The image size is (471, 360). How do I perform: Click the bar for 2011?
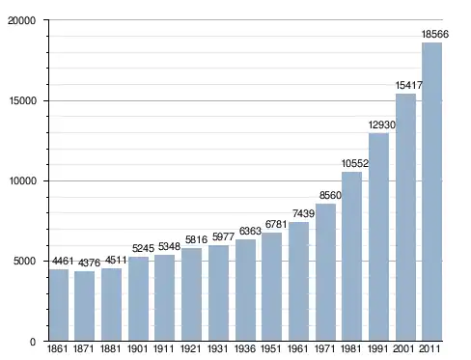[431, 192]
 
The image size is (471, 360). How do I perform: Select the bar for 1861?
[59, 305]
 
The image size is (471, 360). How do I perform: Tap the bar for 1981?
[351, 257]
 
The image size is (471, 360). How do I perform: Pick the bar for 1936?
[245, 291]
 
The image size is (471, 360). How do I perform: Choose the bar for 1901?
[138, 299]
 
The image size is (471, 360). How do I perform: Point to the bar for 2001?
[405, 217]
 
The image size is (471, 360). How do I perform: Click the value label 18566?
[435, 34]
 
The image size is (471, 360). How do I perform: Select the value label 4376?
[89, 263]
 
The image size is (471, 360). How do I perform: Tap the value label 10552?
[355, 163]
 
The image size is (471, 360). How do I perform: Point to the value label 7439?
[303, 213]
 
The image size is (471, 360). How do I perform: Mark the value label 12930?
[382, 125]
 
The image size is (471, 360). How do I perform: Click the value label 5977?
[223, 236]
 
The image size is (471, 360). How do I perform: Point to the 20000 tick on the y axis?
[21, 20]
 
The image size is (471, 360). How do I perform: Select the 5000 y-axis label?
[24, 261]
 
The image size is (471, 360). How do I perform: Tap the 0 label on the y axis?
[33, 342]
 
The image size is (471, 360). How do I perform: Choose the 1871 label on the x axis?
[84, 348]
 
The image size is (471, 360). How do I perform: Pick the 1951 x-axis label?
[271, 348]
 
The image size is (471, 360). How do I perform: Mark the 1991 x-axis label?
[377, 348]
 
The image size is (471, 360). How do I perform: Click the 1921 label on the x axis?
[190, 348]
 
